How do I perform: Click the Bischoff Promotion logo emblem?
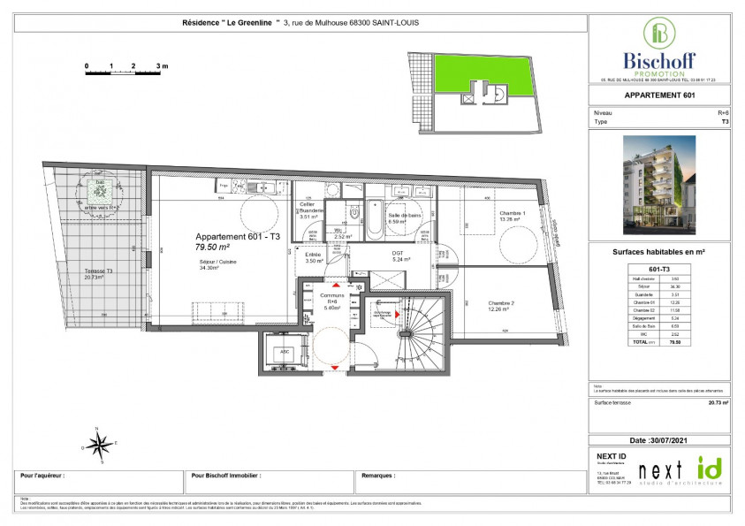[659, 34]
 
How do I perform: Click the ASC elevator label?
[284, 350]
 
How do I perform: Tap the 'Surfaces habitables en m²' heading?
[659, 250]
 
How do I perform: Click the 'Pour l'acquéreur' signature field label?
[45, 475]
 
